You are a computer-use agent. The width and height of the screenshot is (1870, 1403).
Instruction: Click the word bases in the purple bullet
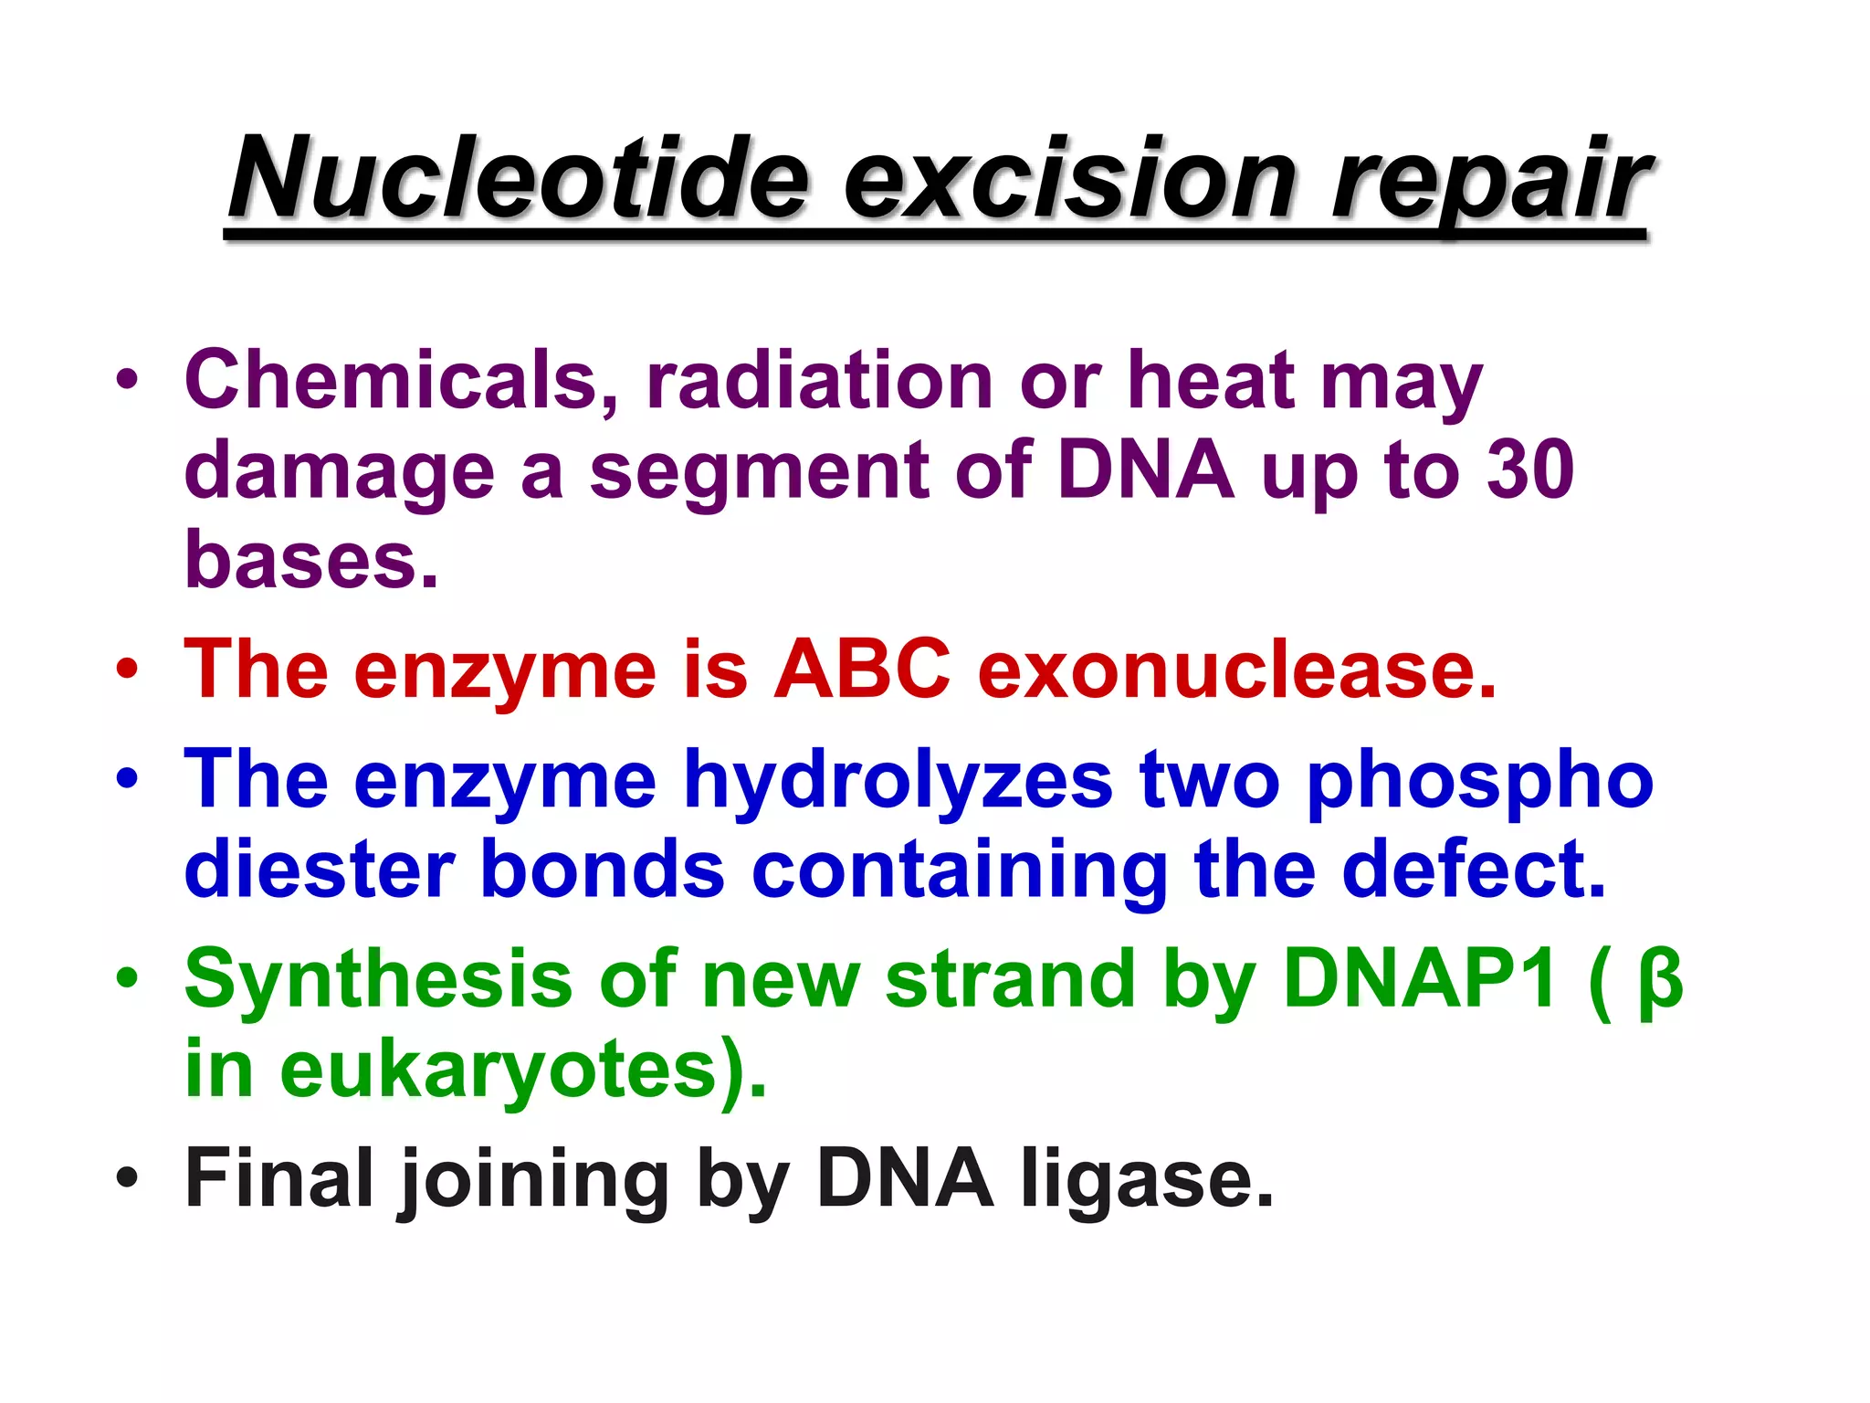[301, 559]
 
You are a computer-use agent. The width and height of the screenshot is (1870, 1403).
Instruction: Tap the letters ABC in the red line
[862, 670]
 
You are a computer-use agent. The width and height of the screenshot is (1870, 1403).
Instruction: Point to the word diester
[320, 870]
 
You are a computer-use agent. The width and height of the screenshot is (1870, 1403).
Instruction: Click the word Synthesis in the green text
[378, 980]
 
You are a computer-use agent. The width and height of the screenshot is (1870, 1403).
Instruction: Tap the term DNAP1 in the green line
[1420, 979]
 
